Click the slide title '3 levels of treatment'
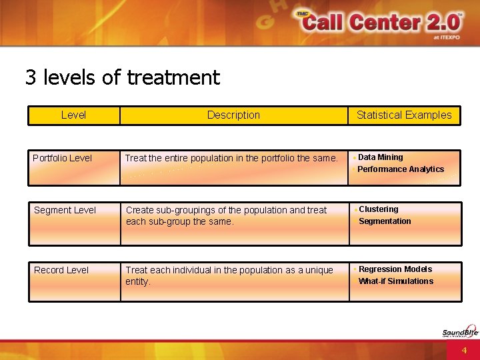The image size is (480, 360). tap(123, 77)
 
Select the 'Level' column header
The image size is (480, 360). tap(73, 115)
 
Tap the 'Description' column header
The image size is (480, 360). tap(233, 115)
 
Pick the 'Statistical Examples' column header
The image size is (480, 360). tap(404, 115)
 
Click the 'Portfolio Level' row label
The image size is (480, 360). tap(63, 158)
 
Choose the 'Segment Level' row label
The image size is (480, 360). tap(65, 210)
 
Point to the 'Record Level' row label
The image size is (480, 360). tap(61, 270)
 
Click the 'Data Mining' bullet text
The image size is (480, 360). tap(381, 157)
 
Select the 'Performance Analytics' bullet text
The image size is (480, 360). tap(401, 169)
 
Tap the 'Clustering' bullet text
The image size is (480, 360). tap(379, 209)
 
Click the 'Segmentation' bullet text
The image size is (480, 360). tap(385, 221)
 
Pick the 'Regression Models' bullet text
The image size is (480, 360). tap(395, 269)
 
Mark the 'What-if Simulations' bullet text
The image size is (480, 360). tap(396, 281)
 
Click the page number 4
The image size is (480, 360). tap(464, 350)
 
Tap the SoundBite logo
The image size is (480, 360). tap(460, 331)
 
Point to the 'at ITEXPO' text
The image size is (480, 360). tap(446, 38)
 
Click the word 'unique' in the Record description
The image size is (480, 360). tap(319, 270)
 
